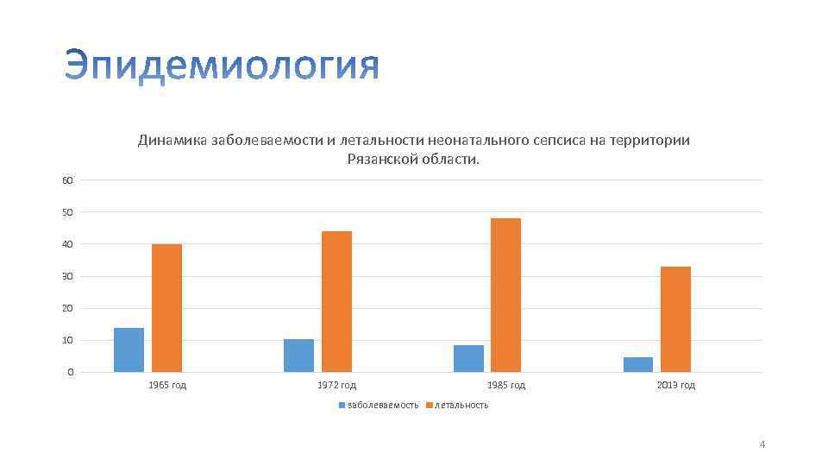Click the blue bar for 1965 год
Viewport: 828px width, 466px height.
coord(129,349)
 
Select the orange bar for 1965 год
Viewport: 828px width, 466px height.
coord(166,308)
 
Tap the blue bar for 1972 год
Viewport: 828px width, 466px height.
coord(298,356)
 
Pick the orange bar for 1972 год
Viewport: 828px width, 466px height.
coord(336,301)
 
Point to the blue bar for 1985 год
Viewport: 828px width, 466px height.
coord(468,358)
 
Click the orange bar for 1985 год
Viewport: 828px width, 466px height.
coord(505,295)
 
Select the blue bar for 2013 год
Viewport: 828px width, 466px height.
coord(638,364)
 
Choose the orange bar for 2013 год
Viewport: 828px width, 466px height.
coord(675,319)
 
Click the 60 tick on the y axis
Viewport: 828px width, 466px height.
coord(67,179)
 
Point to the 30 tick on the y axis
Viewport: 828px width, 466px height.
coord(67,276)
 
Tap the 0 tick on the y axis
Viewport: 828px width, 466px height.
coord(70,372)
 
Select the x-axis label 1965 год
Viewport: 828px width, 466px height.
coord(167,385)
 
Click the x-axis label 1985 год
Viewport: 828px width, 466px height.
coord(506,385)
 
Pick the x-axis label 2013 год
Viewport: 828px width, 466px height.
coord(676,385)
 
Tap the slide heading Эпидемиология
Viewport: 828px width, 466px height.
coord(222,67)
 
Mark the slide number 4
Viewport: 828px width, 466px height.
coord(762,444)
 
